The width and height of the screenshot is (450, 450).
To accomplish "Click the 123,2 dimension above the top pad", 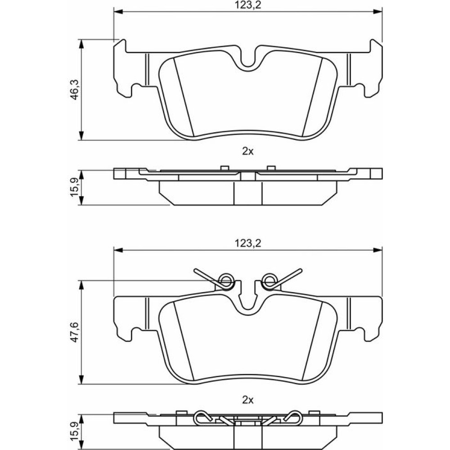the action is click(248, 5).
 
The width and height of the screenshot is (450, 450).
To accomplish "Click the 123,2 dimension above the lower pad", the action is click(248, 243).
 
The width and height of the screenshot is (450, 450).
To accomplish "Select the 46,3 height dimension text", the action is click(75, 89).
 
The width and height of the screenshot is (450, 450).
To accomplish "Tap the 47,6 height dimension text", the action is click(75, 332).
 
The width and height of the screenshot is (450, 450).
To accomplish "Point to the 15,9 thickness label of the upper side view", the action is click(75, 187).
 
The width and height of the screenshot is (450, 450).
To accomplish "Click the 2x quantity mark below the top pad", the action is click(248, 151).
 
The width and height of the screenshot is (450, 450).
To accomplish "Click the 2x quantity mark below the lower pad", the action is click(248, 400).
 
